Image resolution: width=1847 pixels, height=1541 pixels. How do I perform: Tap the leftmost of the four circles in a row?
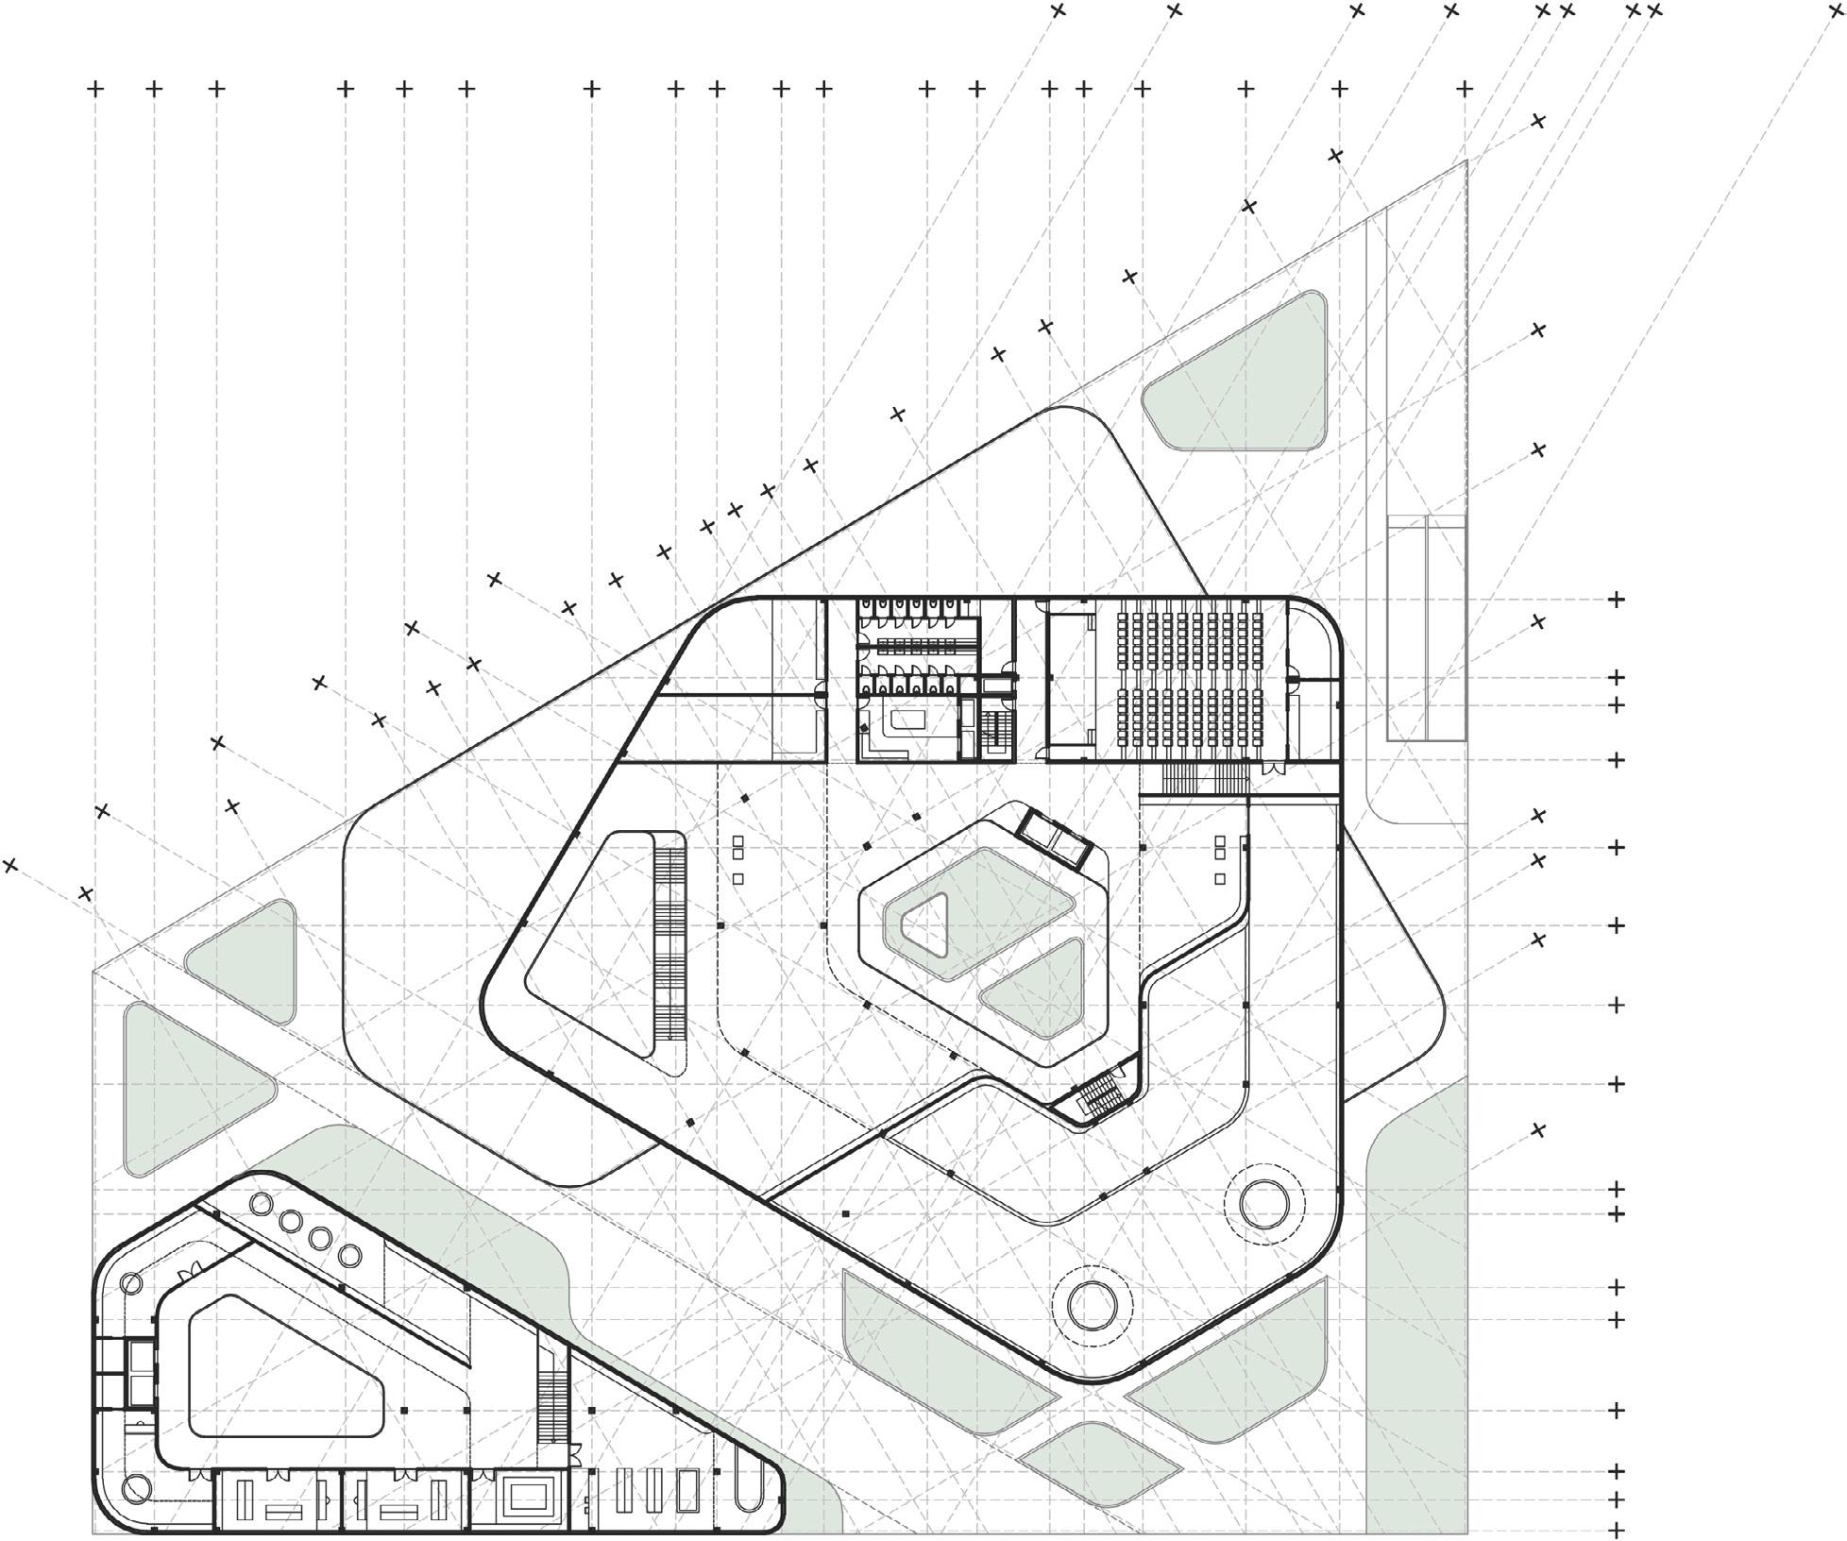pos(261,1205)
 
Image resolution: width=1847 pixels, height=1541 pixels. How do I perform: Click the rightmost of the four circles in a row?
pos(350,1256)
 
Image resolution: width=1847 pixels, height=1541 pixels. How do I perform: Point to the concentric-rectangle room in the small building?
pos(525,1497)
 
